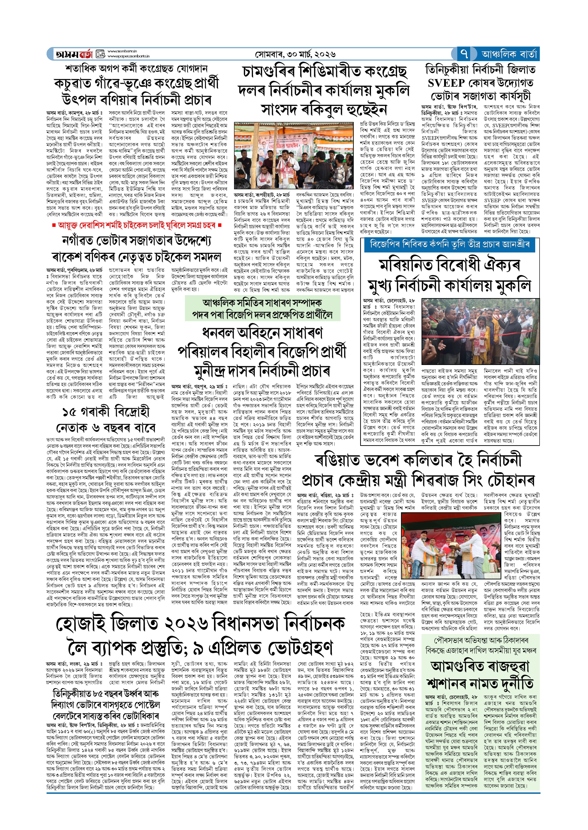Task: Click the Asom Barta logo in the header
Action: (x=74, y=54)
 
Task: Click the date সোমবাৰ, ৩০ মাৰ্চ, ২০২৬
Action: (x=295, y=54)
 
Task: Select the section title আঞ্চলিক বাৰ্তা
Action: (x=509, y=54)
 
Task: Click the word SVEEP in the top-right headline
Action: (x=446, y=83)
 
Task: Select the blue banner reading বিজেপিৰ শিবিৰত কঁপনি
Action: (x=449, y=244)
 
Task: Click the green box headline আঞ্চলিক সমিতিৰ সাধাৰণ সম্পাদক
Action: (x=262, y=303)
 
